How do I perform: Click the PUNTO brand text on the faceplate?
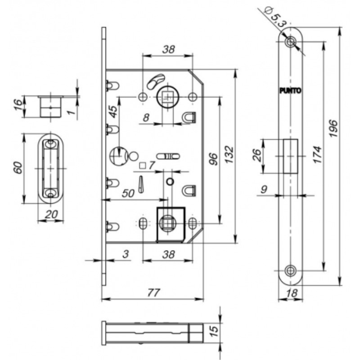pyautogui.click(x=290, y=91)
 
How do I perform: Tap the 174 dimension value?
pyautogui.click(x=318, y=154)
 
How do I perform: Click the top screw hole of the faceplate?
pyautogui.click(x=290, y=42)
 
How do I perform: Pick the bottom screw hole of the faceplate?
pyautogui.click(x=290, y=270)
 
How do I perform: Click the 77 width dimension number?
pyautogui.click(x=153, y=292)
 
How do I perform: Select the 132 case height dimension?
pyautogui.click(x=229, y=154)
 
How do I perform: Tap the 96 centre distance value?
pyautogui.click(x=213, y=159)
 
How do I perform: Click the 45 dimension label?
pyautogui.click(x=114, y=112)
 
